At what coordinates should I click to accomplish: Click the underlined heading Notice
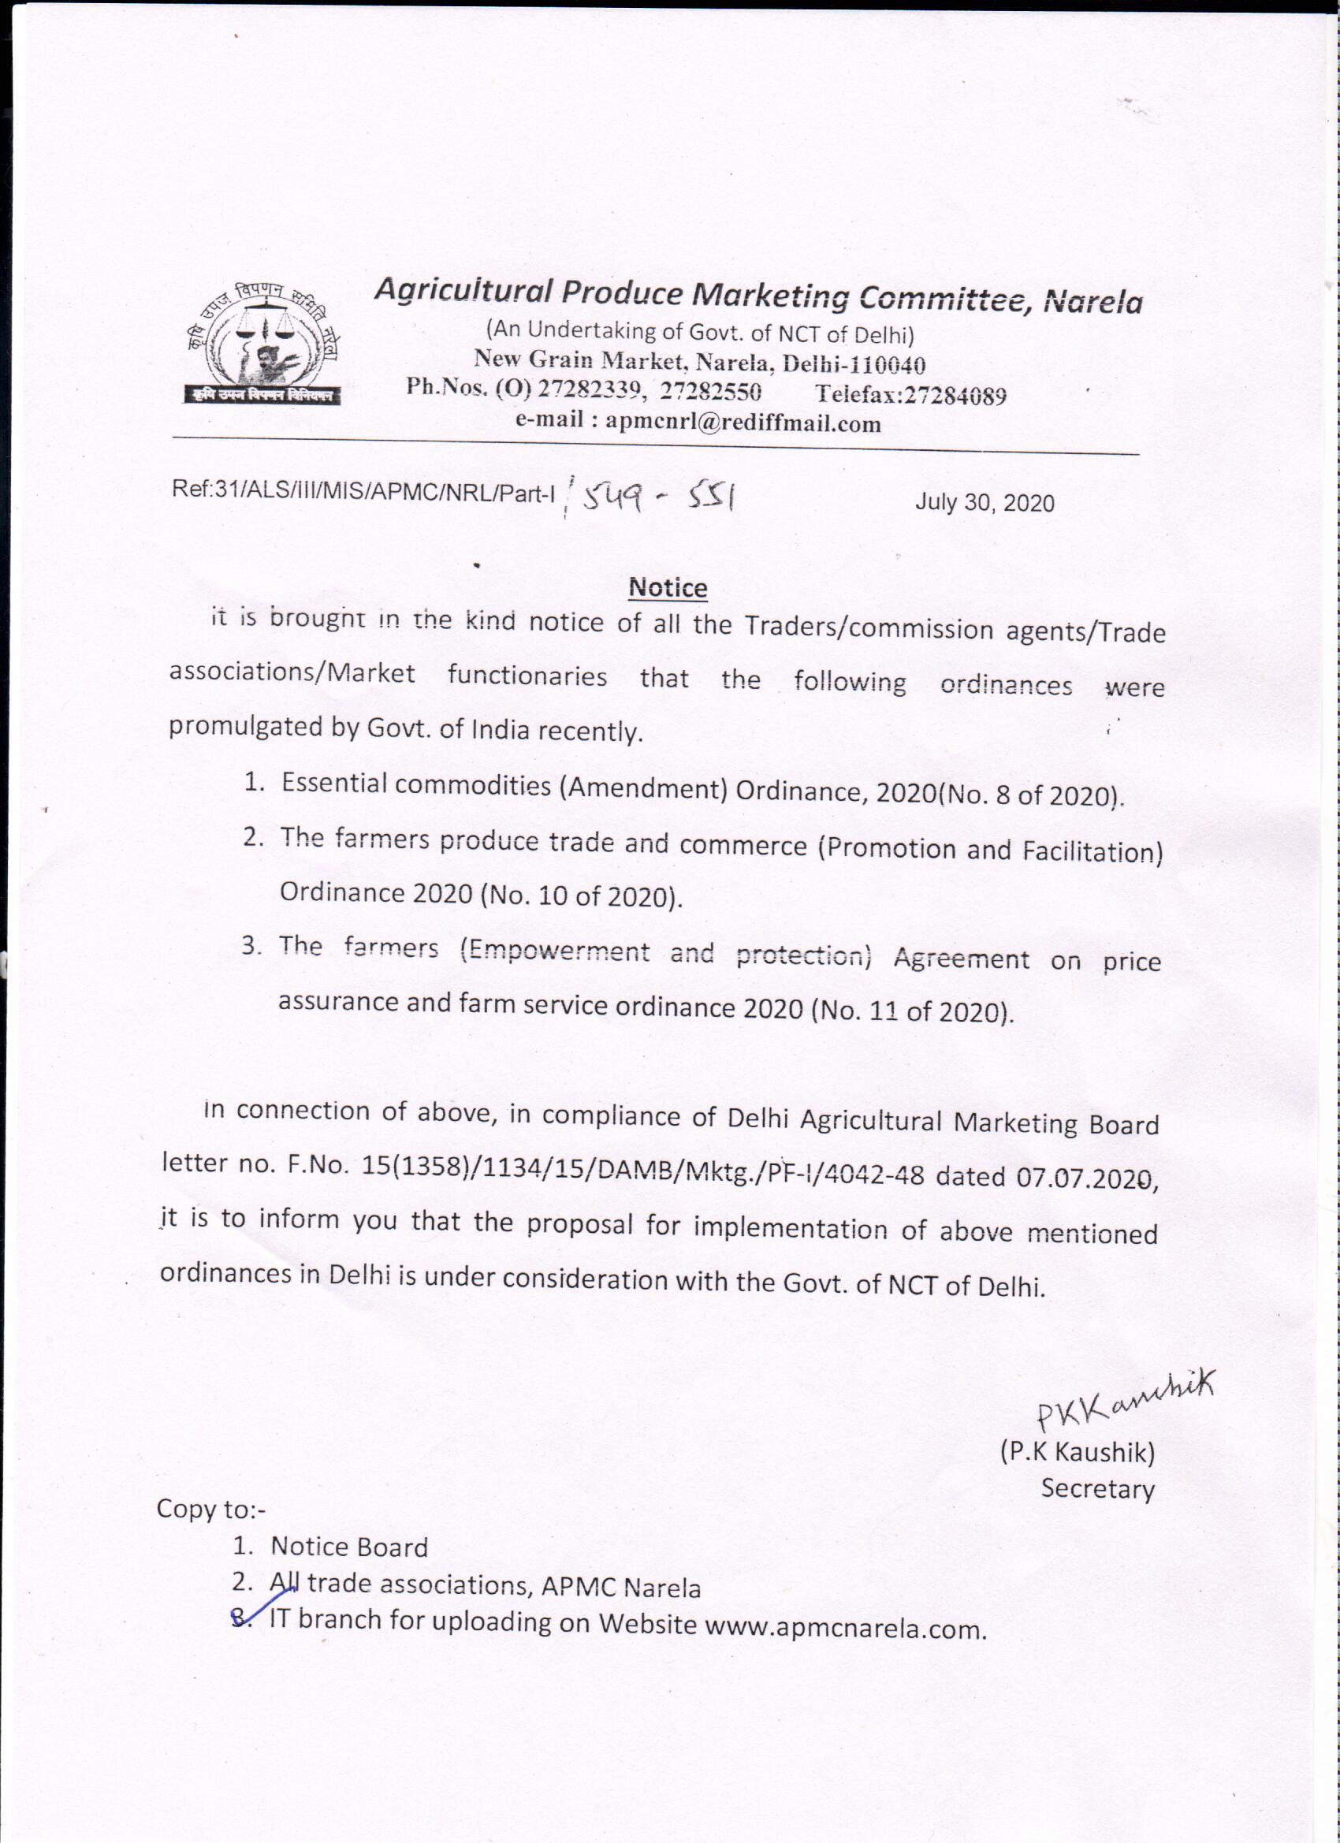tap(668, 587)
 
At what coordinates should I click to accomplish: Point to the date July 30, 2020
tap(984, 503)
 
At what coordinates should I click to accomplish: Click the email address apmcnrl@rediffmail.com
tap(743, 423)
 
